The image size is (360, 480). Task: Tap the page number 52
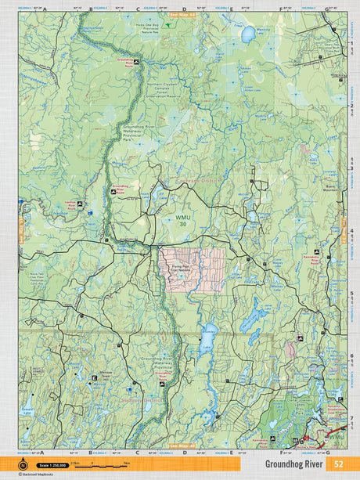point(339,463)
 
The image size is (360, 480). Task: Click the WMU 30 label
point(182,222)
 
